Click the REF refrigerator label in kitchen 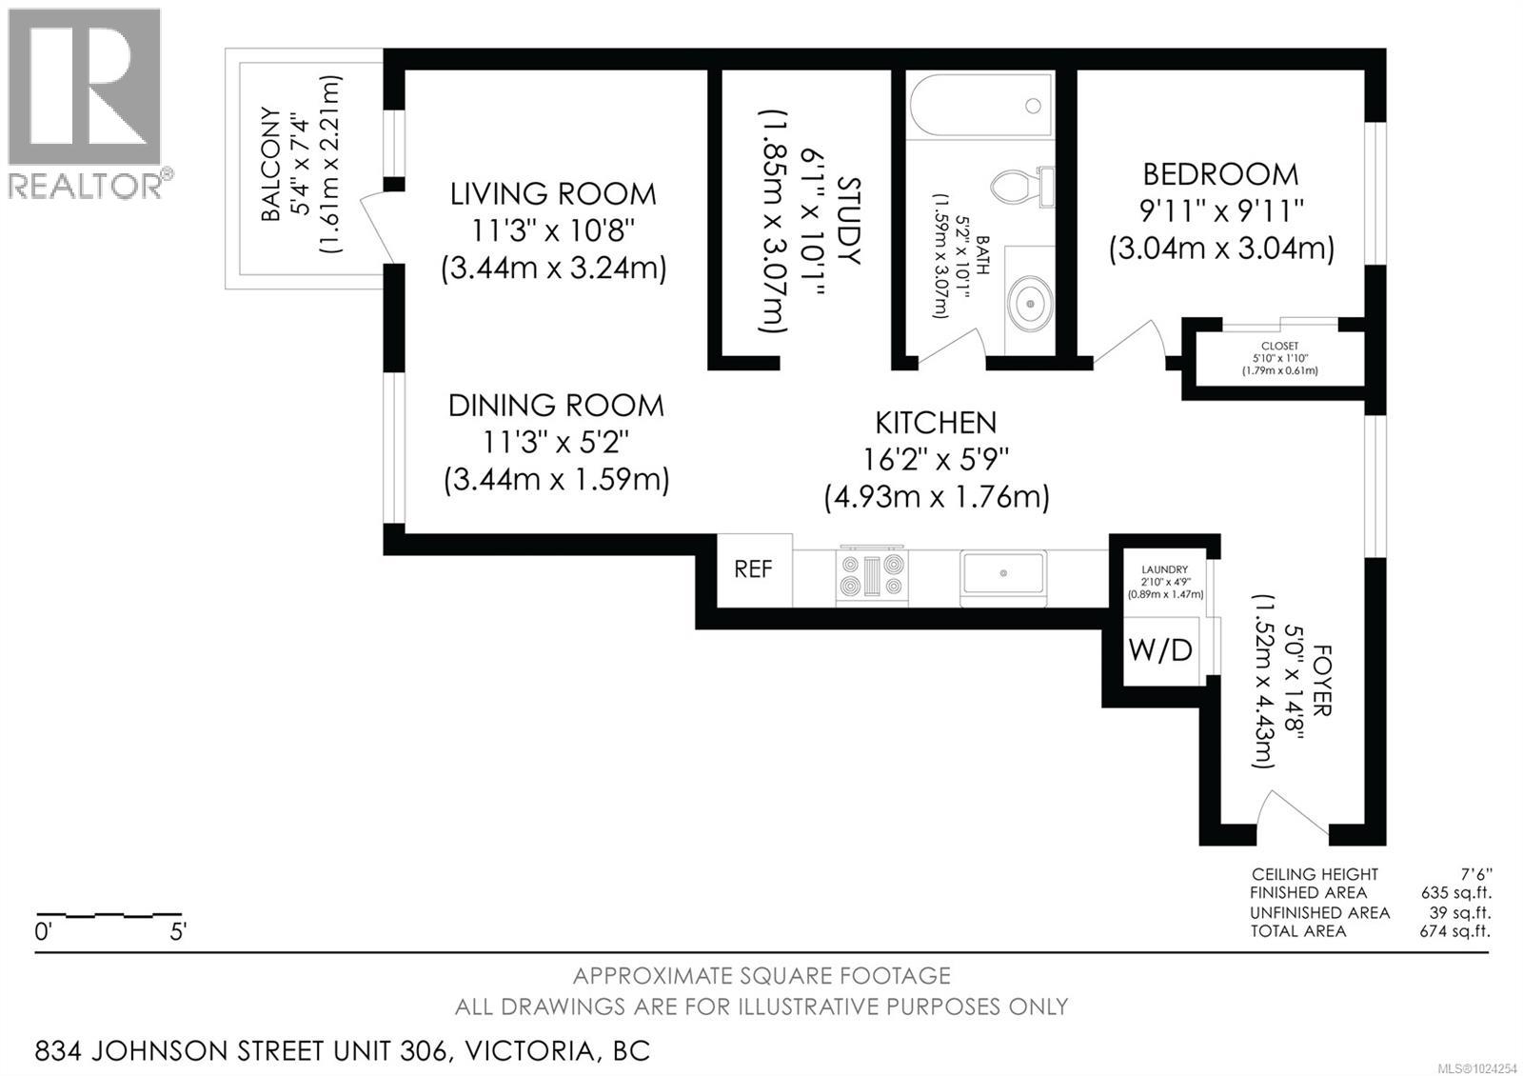(753, 569)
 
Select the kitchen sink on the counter (1002, 575)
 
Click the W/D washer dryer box (1160, 651)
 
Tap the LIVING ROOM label (553, 194)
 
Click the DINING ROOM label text (556, 406)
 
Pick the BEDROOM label (1220, 174)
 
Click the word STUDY (847, 221)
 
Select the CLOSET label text (1279, 347)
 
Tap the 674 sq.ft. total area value (1454, 931)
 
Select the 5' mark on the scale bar (178, 932)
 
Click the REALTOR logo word (85, 185)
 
